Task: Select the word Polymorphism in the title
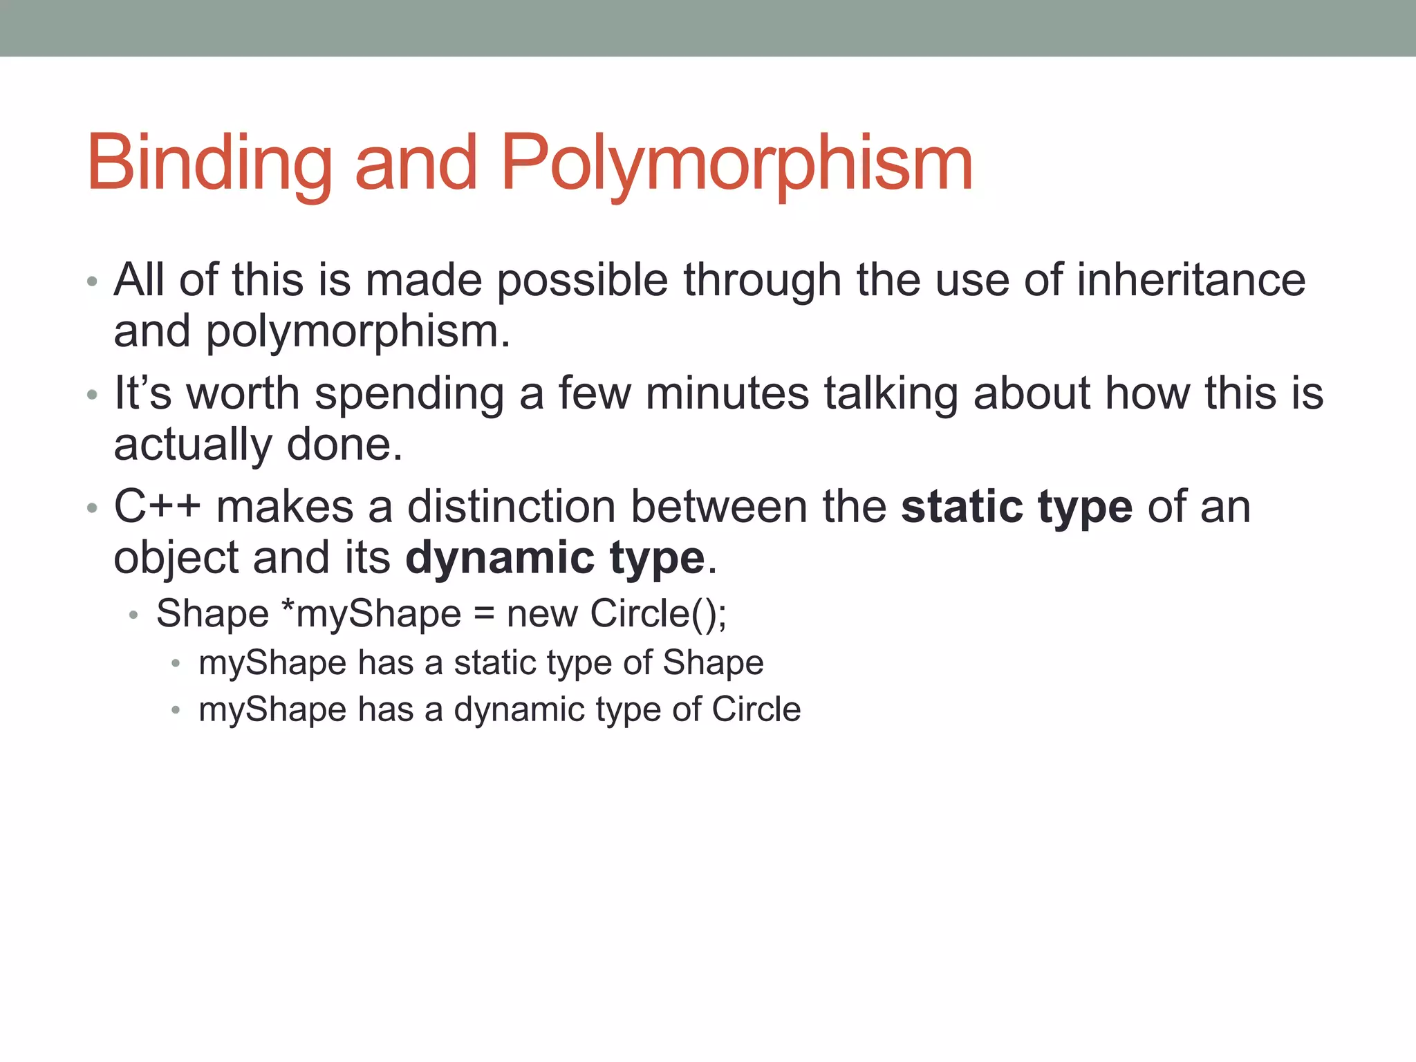(x=736, y=163)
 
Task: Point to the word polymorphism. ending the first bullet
(x=358, y=332)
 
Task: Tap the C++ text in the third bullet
(x=157, y=506)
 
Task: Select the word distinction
(x=511, y=506)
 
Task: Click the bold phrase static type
(x=1017, y=507)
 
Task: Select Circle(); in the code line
(x=658, y=613)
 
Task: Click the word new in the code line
(x=541, y=613)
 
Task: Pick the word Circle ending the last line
(x=756, y=709)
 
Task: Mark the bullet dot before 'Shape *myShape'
(x=134, y=614)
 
